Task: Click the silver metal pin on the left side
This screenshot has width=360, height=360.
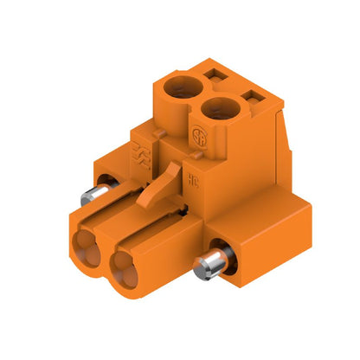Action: [94, 194]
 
